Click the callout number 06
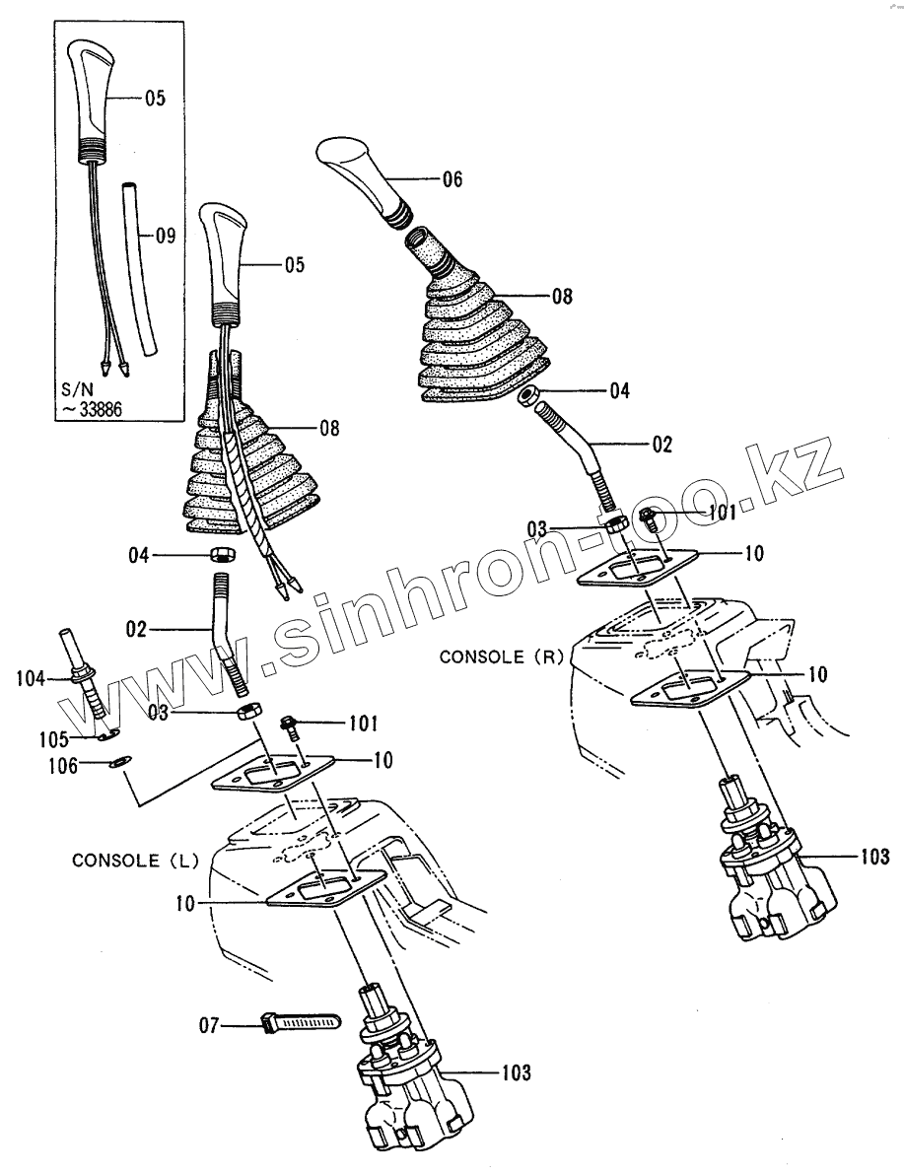[x=452, y=179]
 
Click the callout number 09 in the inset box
[x=166, y=236]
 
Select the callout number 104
[x=33, y=677]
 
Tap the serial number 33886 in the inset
[x=94, y=411]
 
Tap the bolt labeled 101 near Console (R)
[x=649, y=516]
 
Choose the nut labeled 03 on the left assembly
[x=248, y=711]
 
